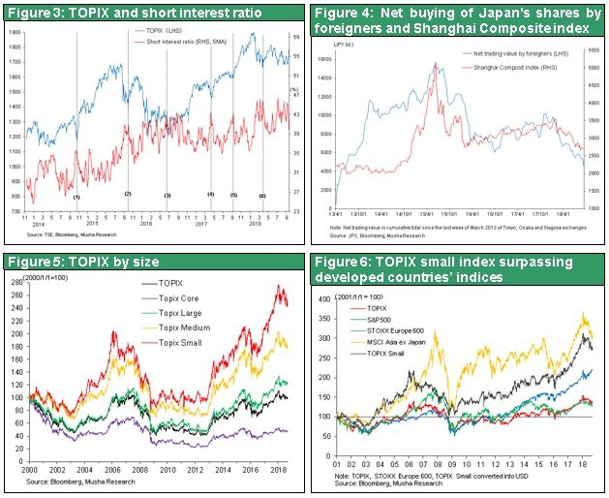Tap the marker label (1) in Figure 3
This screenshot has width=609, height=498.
(x=76, y=198)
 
